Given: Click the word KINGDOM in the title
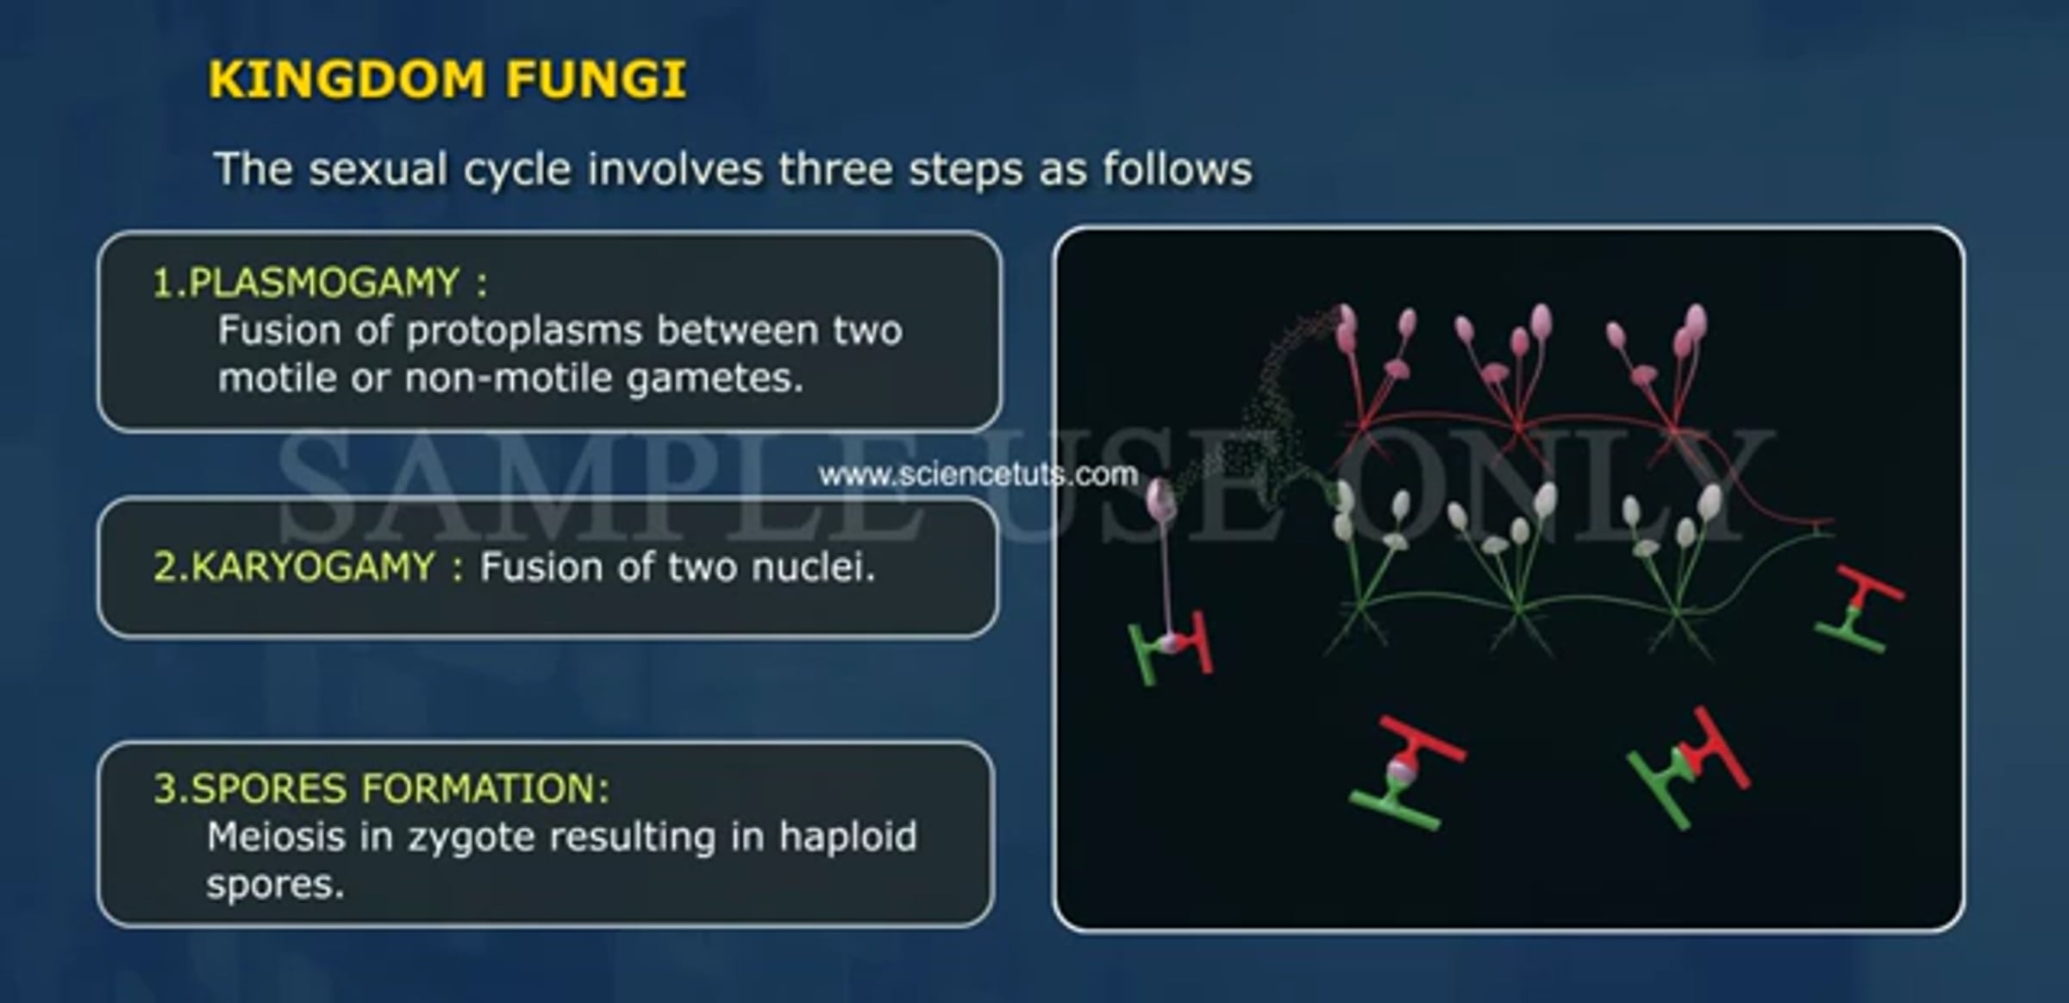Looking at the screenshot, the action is (347, 79).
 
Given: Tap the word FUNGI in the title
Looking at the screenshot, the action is (596, 79).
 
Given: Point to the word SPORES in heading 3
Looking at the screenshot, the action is (268, 788).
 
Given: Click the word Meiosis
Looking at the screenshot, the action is (276, 837).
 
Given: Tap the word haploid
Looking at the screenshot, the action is (847, 837).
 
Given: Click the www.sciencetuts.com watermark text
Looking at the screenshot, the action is (978, 474).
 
